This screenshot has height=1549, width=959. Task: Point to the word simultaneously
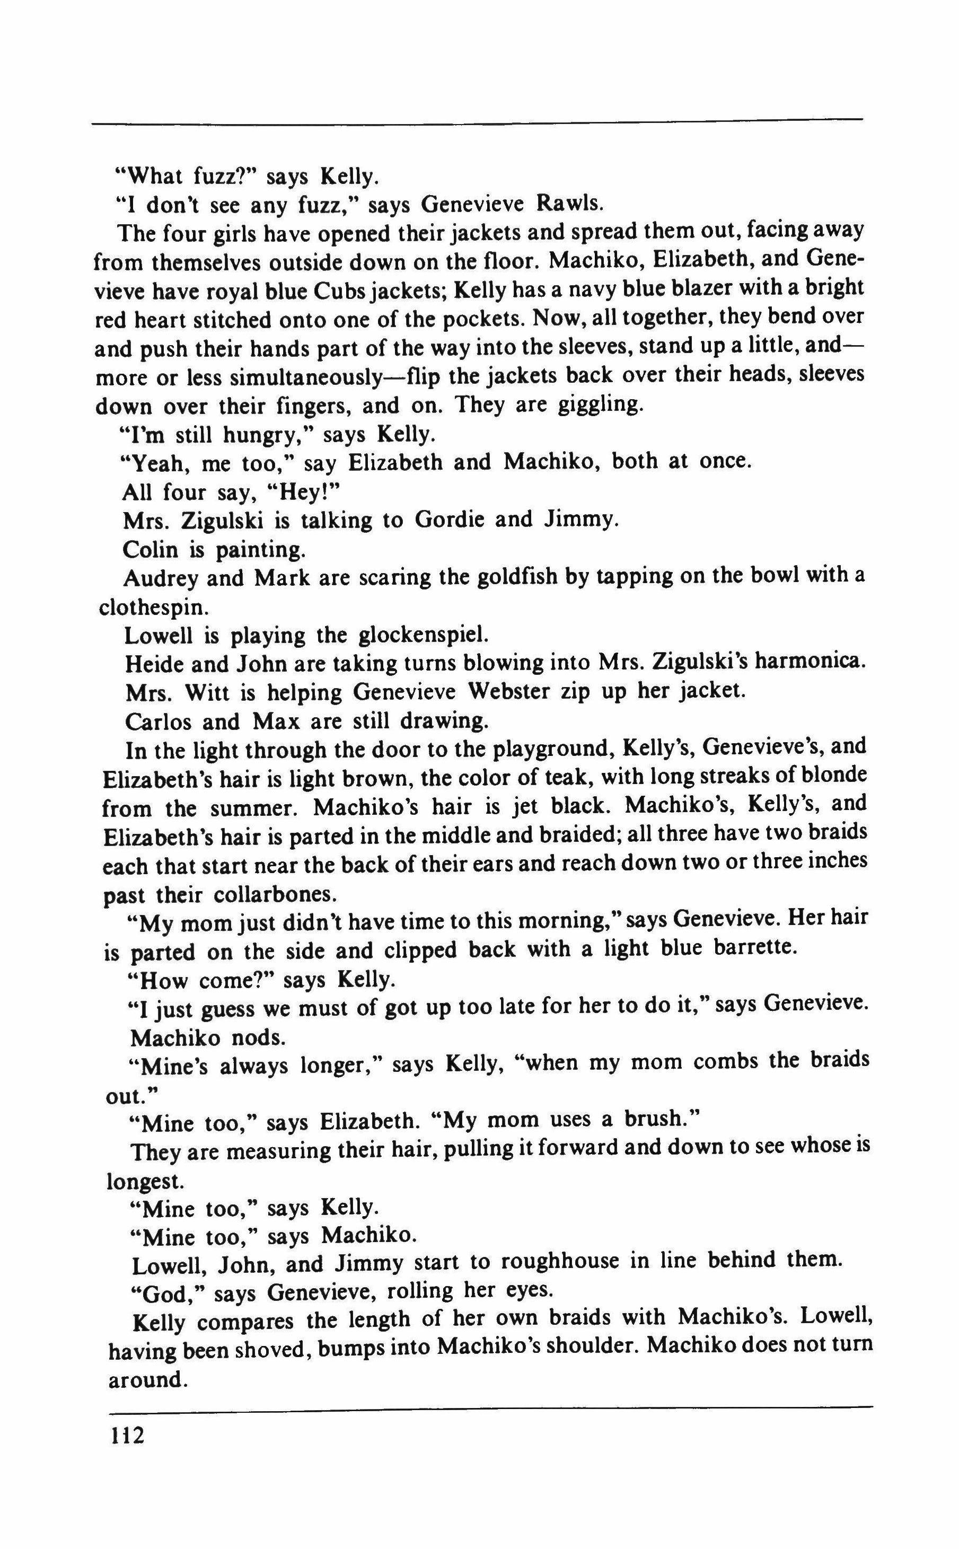pyautogui.click(x=304, y=376)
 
